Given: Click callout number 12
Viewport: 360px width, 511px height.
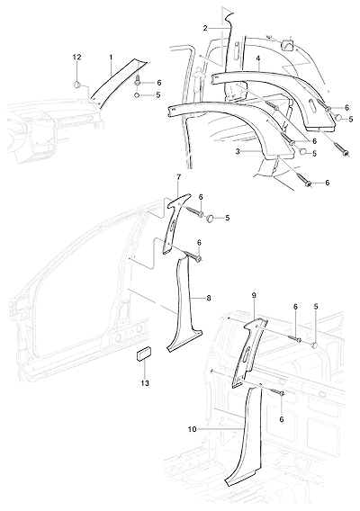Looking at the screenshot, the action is (77, 57).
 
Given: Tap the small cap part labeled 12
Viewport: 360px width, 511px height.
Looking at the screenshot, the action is (77, 85).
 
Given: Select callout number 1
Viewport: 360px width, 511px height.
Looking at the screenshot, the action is (111, 57).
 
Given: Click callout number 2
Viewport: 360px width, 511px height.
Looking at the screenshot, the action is (205, 29).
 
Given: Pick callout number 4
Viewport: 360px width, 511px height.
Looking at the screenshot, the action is (258, 58).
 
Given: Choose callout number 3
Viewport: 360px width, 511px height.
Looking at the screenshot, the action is (238, 152).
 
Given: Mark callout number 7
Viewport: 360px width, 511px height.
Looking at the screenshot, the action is (178, 177).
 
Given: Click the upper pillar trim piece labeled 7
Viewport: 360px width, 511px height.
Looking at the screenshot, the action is (175, 221).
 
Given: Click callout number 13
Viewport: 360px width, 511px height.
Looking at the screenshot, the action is (145, 383).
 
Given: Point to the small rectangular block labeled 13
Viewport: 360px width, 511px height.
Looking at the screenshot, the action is (143, 354).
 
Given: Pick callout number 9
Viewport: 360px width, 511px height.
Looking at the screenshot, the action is (254, 296).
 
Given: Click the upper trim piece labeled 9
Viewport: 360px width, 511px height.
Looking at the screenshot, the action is (248, 352).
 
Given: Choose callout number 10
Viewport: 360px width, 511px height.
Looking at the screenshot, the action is (193, 429).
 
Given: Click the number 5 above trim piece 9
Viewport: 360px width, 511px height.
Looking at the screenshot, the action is (316, 307).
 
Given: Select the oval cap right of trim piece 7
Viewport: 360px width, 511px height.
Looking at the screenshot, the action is (211, 219).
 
